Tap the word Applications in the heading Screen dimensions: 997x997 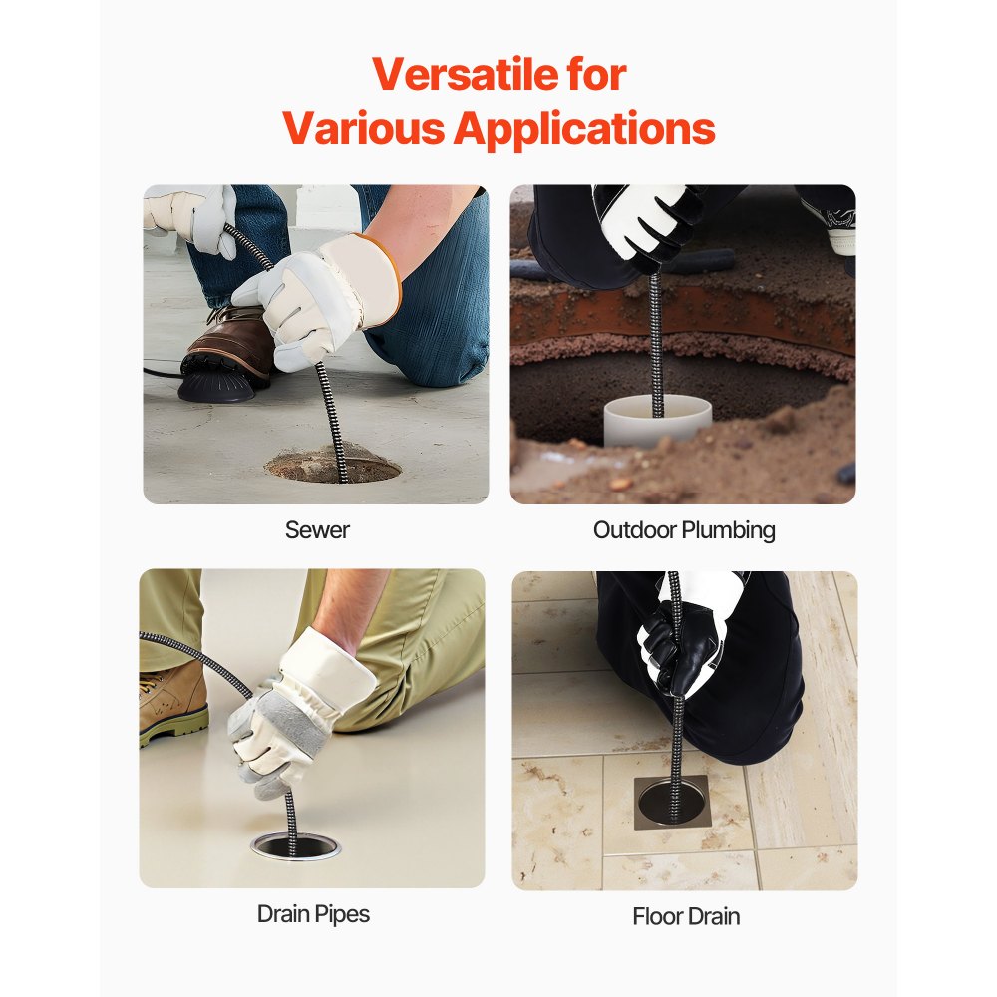585,129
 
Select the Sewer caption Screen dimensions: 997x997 317,529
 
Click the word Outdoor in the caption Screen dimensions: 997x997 634,529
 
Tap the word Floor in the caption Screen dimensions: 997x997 659,916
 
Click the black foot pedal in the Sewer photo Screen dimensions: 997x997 216,380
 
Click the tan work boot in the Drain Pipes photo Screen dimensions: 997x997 172,703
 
